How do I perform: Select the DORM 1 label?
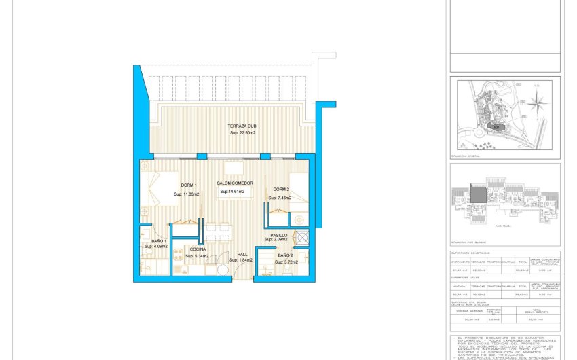tap(189, 185)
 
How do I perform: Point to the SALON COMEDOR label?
tap(235, 183)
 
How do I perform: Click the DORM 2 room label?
tap(282, 190)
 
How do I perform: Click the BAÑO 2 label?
tap(286, 255)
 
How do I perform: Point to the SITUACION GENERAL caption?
tap(465, 156)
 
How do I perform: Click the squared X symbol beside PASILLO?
tap(302, 237)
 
